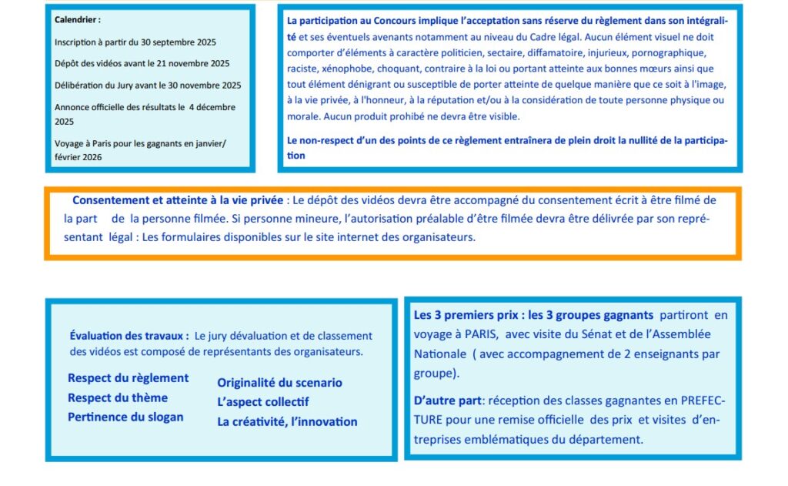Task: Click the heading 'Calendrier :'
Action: pos(78,20)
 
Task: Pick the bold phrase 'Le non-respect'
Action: pos(320,140)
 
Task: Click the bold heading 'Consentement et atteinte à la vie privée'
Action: pos(177,200)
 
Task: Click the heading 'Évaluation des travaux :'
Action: pos(129,336)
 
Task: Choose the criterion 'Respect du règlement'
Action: pos(128,378)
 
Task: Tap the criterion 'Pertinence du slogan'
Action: pos(125,417)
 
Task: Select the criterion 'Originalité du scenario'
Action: pos(279,383)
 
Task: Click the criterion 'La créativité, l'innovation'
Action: pos(287,421)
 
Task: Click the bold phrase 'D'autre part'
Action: pos(448,402)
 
